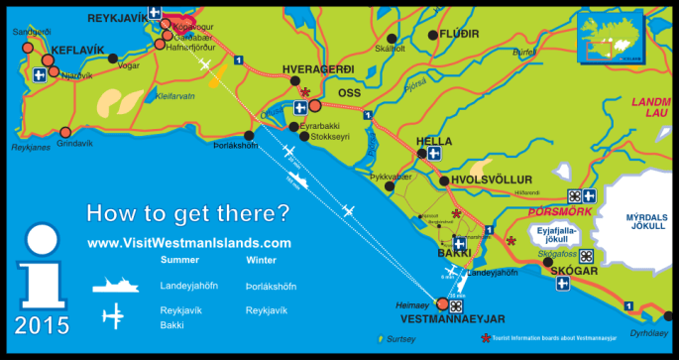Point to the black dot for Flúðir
(432, 35)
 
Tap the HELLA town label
(433, 141)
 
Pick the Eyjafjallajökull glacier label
(557, 233)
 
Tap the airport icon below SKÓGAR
(563, 285)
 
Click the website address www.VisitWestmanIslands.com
(189, 242)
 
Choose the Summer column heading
(179, 260)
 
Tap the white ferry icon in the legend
(118, 286)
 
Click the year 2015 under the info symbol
(43, 325)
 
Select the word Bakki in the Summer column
(172, 324)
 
